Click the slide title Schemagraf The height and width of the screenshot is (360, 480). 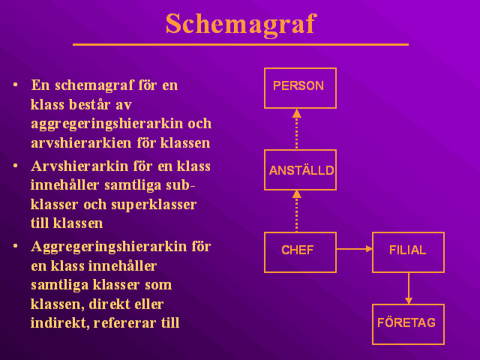click(241, 25)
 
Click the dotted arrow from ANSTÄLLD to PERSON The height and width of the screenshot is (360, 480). click(297, 129)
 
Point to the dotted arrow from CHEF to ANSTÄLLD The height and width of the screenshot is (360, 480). click(297, 211)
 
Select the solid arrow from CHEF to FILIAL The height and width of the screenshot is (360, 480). click(355, 249)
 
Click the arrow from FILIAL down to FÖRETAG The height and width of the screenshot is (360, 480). click(409, 288)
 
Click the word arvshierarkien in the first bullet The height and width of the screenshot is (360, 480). click(81, 143)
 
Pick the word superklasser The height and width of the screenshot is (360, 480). click(154, 205)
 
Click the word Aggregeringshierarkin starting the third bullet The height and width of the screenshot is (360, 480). click(109, 247)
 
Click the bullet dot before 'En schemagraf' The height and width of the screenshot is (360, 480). click(16, 85)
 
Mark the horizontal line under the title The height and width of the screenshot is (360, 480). click(241, 45)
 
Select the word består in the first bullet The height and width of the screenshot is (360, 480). click(89, 104)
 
